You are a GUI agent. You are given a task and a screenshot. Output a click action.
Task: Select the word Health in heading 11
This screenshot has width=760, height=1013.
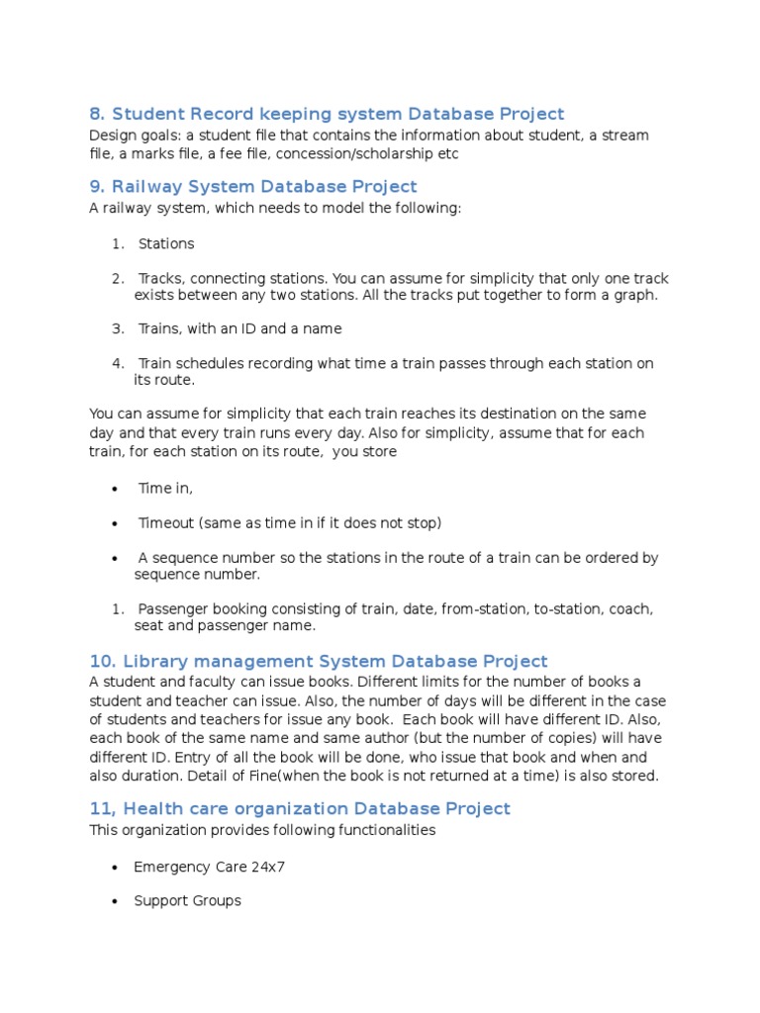click(x=158, y=808)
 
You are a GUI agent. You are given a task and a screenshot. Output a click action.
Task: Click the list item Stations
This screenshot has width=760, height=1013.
click(x=166, y=243)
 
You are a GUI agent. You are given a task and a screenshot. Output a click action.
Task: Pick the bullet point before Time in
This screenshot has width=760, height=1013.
click(x=116, y=489)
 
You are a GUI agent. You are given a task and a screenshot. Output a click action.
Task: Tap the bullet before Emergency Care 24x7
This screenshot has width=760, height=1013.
click(x=116, y=868)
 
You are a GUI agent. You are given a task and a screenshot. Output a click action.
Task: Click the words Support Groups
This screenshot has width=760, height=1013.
click(x=188, y=900)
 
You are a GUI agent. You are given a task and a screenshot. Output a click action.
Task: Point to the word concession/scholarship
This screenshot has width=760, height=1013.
click(x=351, y=153)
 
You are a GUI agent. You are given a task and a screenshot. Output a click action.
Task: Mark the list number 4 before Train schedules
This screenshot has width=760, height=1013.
click(x=116, y=363)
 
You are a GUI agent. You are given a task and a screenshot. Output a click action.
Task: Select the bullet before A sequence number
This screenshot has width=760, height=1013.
click(x=116, y=558)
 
